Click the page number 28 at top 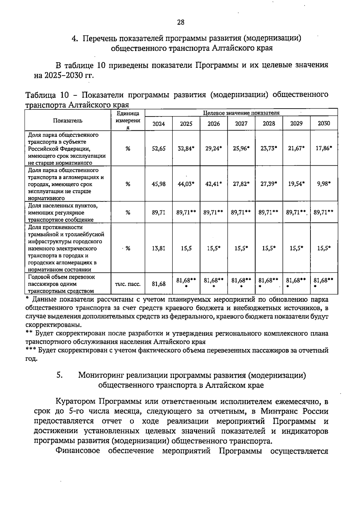pyautogui.click(x=181, y=22)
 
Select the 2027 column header pyautogui.click(x=241, y=124)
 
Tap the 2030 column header pyautogui.click(x=324, y=124)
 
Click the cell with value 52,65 pyautogui.click(x=159, y=149)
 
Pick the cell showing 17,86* pyautogui.click(x=324, y=149)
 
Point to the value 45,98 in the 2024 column pyautogui.click(x=159, y=184)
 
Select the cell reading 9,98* pyautogui.click(x=324, y=184)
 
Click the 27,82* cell pyautogui.click(x=241, y=184)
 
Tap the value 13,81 pyautogui.click(x=159, y=248)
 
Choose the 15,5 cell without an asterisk pyautogui.click(x=186, y=248)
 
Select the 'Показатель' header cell pyautogui.click(x=68, y=121)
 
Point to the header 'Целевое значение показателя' pyautogui.click(x=241, y=113)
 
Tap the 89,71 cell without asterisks pyautogui.click(x=159, y=212)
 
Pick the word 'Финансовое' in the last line pyautogui.click(x=78, y=451)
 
